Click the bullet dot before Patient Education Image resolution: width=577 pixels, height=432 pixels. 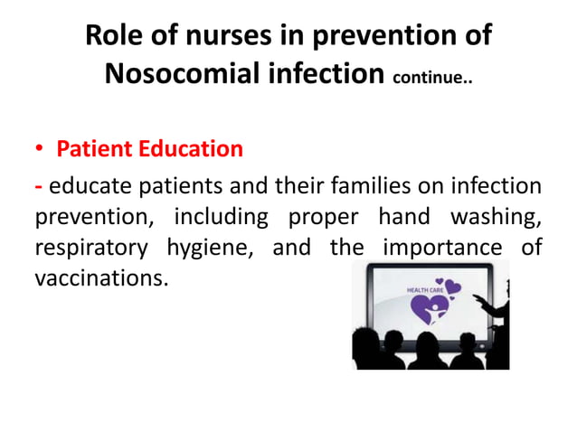40,149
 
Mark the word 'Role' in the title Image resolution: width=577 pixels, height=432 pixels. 113,37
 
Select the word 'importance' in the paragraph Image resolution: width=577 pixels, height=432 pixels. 445,248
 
